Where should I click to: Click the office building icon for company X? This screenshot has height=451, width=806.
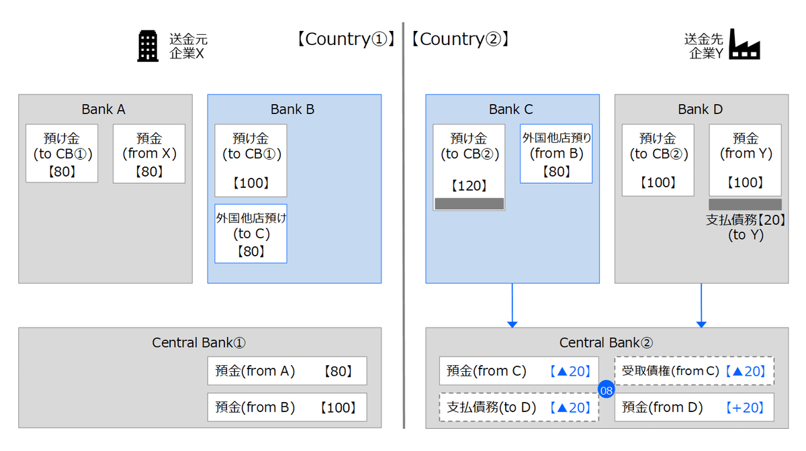click(148, 47)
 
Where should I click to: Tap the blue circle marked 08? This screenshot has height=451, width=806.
click(607, 389)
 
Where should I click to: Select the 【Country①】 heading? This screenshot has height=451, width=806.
click(345, 39)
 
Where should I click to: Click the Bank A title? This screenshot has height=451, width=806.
click(103, 109)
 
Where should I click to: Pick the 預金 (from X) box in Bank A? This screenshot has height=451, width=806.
click(149, 154)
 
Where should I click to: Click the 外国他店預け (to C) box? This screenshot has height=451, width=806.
click(251, 234)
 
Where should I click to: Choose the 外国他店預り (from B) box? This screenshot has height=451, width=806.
click(556, 154)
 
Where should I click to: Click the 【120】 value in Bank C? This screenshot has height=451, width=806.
click(468, 186)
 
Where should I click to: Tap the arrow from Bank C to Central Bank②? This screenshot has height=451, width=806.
click(512, 305)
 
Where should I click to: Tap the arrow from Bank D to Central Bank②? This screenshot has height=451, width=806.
click(701, 305)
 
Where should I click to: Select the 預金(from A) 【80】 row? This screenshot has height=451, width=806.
click(287, 370)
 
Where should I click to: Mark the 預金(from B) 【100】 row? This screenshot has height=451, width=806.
click(287, 407)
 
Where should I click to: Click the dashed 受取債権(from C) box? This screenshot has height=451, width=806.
click(695, 370)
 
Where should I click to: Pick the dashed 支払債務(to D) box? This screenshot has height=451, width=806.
click(519, 407)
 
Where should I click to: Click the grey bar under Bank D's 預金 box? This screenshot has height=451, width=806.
click(745, 204)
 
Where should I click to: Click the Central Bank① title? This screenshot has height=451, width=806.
click(199, 343)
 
